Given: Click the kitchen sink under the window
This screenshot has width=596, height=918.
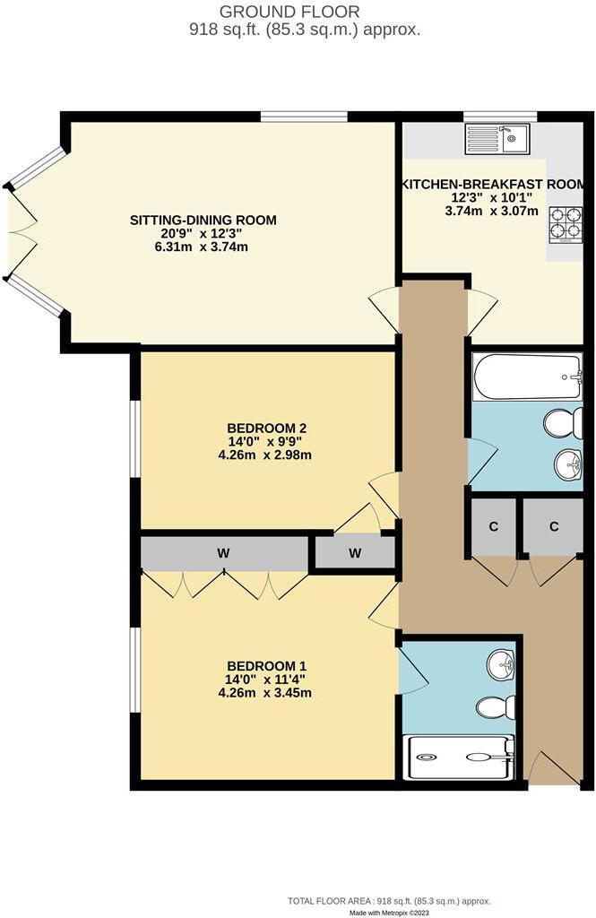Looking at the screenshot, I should click(x=497, y=139).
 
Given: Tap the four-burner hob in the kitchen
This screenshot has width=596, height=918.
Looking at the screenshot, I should click(x=566, y=224).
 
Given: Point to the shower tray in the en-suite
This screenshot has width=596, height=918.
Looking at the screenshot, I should click(x=459, y=756).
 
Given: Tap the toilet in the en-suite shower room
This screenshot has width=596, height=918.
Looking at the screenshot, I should click(x=496, y=707).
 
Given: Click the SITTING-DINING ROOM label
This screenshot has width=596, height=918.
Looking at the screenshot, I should click(x=203, y=220).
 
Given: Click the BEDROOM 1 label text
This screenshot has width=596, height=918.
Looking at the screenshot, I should click(x=266, y=666).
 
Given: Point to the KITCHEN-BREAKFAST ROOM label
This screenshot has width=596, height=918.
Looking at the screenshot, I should click(x=494, y=184).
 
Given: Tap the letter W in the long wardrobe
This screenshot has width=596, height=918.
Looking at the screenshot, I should click(x=222, y=554).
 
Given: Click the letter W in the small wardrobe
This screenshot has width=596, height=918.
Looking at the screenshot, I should click(x=355, y=554).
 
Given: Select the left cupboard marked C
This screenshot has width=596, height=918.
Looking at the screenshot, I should click(x=493, y=527).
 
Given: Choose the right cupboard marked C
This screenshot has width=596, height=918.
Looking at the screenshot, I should click(x=554, y=527).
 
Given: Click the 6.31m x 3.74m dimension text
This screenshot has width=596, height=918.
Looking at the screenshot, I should click(x=203, y=247).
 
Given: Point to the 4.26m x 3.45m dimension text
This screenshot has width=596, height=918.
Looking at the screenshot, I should click(x=266, y=693).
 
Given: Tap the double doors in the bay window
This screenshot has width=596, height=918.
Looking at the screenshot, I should click(x=20, y=233).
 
